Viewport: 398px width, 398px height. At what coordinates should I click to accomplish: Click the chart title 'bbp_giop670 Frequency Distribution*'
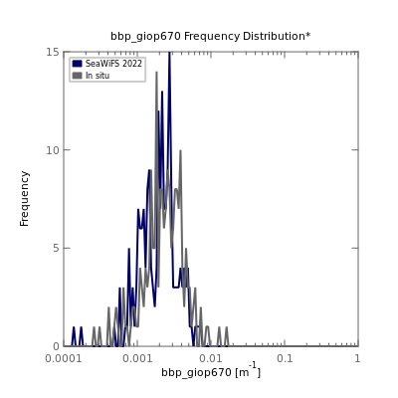[211, 36]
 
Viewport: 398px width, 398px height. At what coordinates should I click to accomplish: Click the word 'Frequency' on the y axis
[24, 199]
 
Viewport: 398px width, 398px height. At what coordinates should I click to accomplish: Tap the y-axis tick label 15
[53, 52]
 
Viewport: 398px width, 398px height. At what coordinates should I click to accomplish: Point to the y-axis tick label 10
[53, 150]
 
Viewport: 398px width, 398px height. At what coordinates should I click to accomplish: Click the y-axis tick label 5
[57, 248]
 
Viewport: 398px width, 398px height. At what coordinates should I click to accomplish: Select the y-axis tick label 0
[57, 346]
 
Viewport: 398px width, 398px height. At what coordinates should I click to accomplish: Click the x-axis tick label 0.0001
[64, 358]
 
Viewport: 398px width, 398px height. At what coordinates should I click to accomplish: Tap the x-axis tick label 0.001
[137, 358]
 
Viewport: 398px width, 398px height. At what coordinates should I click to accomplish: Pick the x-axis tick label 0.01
[211, 358]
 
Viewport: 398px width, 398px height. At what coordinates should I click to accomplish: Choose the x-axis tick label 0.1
[285, 358]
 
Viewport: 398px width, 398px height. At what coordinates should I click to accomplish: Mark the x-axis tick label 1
[357, 358]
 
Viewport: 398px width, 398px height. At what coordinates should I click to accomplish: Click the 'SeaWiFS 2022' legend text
[113, 64]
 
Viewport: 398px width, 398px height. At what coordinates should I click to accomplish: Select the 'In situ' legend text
[98, 76]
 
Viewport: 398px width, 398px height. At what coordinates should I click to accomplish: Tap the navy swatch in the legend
[77, 64]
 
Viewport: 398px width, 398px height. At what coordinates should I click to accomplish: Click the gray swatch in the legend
[77, 76]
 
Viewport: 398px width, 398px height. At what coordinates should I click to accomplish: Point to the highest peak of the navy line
[169, 53]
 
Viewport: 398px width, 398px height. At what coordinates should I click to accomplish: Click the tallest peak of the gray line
[156, 73]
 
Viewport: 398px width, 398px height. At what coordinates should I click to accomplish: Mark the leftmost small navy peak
[74, 327]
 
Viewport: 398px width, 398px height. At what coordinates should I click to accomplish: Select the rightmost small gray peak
[227, 327]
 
